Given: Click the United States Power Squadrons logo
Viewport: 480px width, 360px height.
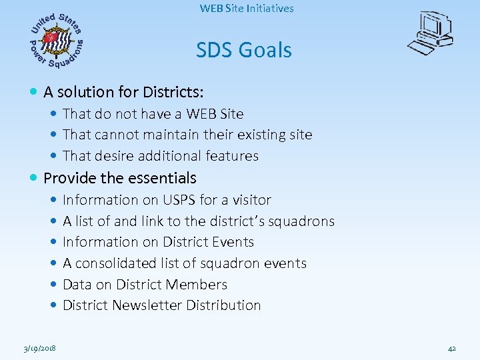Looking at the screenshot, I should point(57,41).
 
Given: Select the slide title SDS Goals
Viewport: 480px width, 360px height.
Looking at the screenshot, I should point(243,50).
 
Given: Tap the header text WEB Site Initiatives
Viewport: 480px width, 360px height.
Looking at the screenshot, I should point(246,9).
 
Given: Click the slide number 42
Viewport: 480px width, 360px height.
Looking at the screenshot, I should point(451,348).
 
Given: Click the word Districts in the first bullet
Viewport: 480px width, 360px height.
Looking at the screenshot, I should point(175,91).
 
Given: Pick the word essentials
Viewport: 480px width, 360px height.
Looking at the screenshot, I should point(163,178).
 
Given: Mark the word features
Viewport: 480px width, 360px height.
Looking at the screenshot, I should point(232,156).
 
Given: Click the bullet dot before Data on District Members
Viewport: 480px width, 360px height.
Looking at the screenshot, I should point(53,285).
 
